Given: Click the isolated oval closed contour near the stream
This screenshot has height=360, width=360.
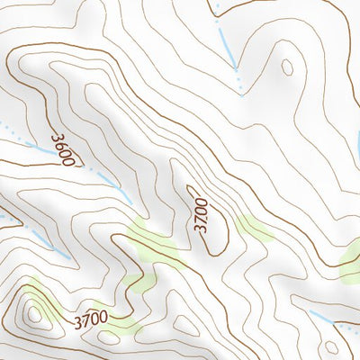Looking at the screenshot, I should pos(287,67).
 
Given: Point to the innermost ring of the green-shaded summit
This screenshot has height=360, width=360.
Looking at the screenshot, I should pos(35,313).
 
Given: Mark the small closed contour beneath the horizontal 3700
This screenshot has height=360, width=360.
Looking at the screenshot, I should pos(186,326).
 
